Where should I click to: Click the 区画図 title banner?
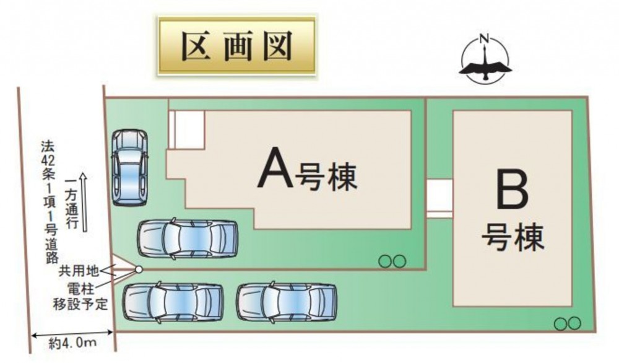(x=237, y=46)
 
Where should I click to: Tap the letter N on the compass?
(x=485, y=38)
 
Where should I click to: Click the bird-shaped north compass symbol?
(x=485, y=59)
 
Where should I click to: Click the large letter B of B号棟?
(x=512, y=192)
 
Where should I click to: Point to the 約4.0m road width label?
(x=72, y=343)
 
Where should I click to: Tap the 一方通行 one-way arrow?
(x=84, y=201)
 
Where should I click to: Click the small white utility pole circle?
(x=139, y=269)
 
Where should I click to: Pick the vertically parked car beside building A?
(x=129, y=167)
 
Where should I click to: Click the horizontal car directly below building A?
(x=188, y=239)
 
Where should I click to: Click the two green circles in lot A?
(x=392, y=261)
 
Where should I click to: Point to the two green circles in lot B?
(x=567, y=324)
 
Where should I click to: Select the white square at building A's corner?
(x=186, y=129)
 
